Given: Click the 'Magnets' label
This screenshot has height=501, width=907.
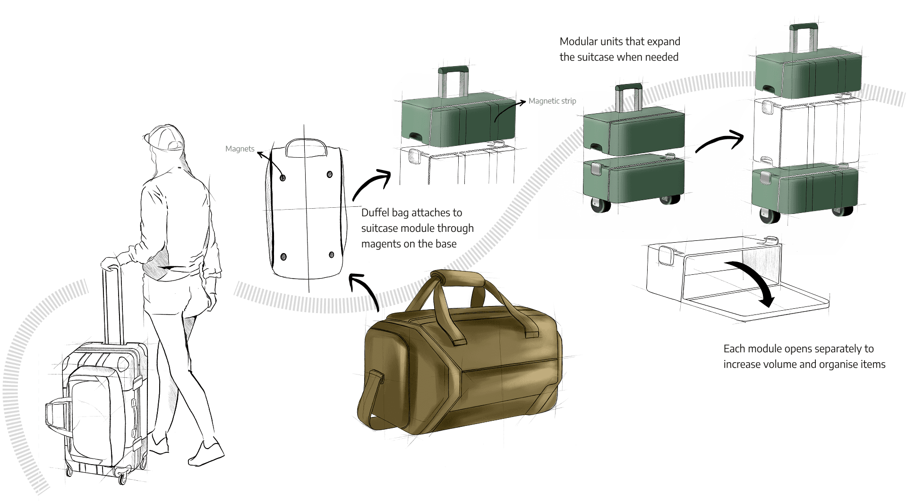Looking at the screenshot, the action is coord(240,149).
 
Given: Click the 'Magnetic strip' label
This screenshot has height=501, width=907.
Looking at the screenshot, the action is coord(552,101).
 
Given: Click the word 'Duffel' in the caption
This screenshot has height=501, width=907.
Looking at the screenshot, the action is coord(375,212).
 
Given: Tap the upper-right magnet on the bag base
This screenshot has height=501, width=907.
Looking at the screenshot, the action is coord(330,174).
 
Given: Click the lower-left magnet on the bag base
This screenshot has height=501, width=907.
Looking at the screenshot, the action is coord(283,257).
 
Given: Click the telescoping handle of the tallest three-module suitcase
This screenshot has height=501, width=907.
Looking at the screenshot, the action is coord(804,38).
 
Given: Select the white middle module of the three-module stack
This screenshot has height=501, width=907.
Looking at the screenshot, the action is coord(806,132).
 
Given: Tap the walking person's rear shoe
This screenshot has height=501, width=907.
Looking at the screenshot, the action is coord(206,453).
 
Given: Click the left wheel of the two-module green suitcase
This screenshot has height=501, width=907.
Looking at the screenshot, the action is coord(600,206).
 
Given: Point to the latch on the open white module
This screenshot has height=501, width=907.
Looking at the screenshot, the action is coord(667,255).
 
